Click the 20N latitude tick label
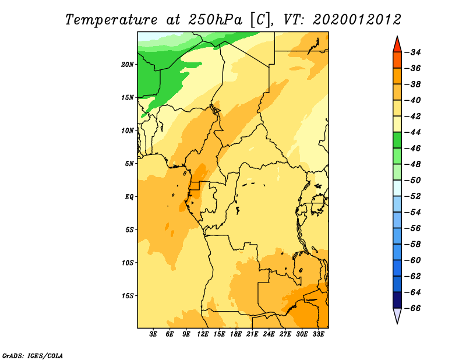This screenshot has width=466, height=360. tap(128, 64)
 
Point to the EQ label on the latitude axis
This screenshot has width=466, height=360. tap(129, 197)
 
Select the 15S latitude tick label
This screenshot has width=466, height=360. tap(128, 296)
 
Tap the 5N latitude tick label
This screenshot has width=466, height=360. tap(129, 164)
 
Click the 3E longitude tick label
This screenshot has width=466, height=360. tap(153, 334)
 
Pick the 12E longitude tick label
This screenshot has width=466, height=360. tap(203, 334)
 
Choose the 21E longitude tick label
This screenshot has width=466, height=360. tap(252, 334)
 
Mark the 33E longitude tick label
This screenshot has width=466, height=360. tap(318, 334)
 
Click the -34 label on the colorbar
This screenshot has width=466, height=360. tap(414, 52)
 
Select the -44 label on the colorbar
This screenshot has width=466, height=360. tap(414, 132)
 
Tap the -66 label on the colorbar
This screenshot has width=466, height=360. tap(414, 308)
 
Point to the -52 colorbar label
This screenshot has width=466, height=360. tap(414, 196)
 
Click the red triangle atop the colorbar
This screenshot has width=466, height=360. tap(397, 45)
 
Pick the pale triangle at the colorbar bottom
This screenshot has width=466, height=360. tap(397, 315)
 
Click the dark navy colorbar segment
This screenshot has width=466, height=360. tap(397, 300)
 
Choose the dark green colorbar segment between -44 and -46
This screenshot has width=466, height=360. tap(397, 140)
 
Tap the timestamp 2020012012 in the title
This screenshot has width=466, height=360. tap(357, 20)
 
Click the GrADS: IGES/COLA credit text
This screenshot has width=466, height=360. tap(33, 355)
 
